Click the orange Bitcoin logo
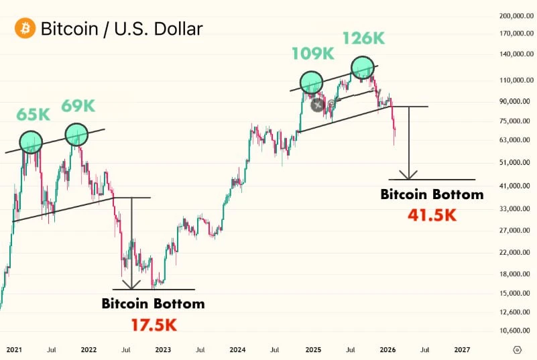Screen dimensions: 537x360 point(25,27)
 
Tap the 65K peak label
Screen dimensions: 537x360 point(34,115)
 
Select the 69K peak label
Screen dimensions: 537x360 point(78,106)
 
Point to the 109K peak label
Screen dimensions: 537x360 point(313,54)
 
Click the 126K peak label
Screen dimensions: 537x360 point(364,38)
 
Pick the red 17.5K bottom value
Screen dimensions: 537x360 point(154,325)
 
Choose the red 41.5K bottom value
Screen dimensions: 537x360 point(432,215)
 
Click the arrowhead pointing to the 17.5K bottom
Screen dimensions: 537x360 point(131,285)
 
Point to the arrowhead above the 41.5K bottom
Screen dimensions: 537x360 point(408,175)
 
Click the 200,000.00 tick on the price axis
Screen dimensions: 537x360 point(516,16)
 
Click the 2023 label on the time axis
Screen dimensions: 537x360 point(163,350)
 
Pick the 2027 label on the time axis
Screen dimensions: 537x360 point(462,350)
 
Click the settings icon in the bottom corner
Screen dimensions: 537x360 point(518,350)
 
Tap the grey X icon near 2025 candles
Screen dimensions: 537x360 point(318,105)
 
